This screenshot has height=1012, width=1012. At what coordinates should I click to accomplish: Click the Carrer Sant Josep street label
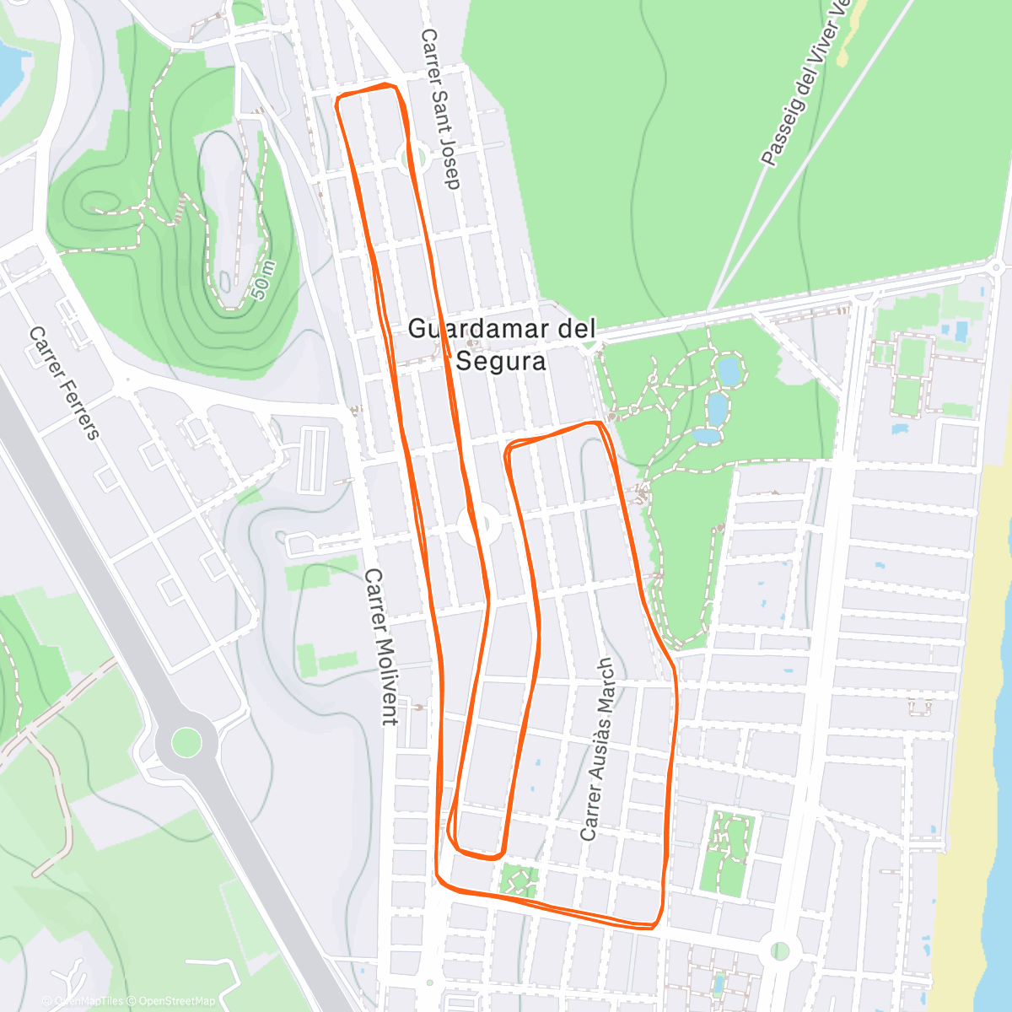pos(441,110)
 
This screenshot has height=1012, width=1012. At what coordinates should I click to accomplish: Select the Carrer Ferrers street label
pos(64,384)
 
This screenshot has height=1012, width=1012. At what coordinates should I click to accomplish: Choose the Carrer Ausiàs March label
pos(598,749)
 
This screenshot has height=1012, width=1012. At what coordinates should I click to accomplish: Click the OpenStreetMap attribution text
pos(176,1001)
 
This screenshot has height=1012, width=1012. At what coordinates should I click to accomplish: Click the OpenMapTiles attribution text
pos(88,1001)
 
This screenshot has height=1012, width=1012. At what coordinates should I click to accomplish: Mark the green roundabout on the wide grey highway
pos(186,742)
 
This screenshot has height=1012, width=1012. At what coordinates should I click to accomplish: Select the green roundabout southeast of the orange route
pos(780,951)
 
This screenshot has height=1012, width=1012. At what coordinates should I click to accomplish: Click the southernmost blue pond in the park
pos(707,435)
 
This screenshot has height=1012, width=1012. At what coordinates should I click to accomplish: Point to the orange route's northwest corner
pos(338,101)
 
